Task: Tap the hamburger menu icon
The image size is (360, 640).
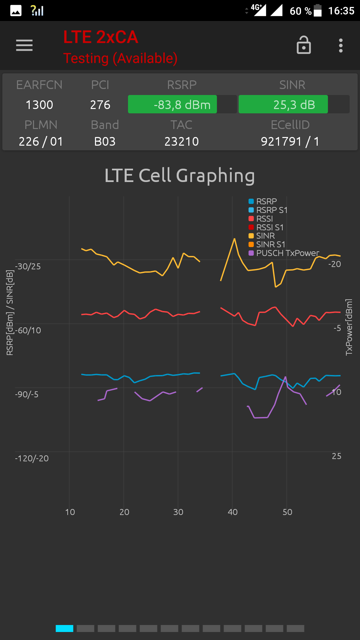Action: point(24,45)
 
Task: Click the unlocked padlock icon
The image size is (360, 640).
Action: point(304,45)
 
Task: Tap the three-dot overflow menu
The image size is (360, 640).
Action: point(341,45)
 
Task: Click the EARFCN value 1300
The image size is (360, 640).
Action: point(39,105)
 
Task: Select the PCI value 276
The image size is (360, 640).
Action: point(100,105)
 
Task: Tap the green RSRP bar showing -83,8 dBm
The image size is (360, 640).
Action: point(172,105)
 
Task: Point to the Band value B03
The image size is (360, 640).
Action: point(105,142)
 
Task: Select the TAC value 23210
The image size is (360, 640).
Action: point(181,142)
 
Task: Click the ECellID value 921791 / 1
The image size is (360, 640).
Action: point(290,142)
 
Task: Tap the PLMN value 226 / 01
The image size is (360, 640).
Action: point(41,142)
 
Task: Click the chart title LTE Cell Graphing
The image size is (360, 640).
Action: point(180,176)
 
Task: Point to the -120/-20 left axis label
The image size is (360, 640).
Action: point(32,458)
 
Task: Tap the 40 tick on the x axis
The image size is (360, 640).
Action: point(233,512)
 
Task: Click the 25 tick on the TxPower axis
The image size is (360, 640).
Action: point(336,456)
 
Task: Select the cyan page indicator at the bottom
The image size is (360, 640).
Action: point(64,628)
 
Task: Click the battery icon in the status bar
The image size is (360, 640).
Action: point(318,10)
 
